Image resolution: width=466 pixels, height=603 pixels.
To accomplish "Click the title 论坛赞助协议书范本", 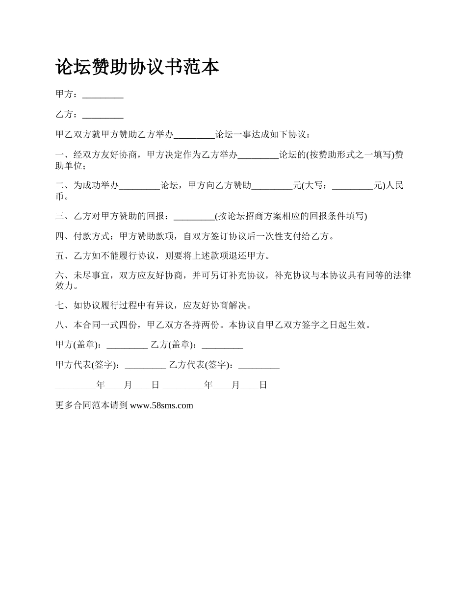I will point(137,67).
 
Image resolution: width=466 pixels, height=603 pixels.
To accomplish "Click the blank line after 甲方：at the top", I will point(103,96).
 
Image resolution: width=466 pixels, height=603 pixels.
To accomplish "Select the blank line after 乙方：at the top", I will point(103,116).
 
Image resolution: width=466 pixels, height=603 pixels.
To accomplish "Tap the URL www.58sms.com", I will point(161,405).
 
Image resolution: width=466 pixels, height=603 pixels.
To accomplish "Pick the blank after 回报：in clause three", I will point(194,217).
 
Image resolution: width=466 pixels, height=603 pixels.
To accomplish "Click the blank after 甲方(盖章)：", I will point(127,346).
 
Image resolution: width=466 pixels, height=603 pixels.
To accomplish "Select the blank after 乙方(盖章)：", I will point(222,346).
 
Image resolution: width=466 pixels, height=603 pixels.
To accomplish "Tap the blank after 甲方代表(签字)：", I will point(145,366).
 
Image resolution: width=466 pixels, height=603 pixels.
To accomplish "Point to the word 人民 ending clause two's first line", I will point(395,185).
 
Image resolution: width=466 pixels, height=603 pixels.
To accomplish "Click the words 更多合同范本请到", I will point(92,405).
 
